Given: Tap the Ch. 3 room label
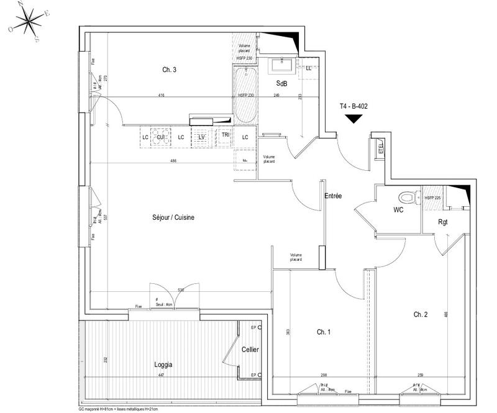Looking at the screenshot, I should pyautogui.click(x=170, y=70).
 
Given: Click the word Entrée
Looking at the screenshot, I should pyautogui.click(x=334, y=196).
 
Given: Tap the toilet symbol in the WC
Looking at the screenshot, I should pyautogui.click(x=406, y=197).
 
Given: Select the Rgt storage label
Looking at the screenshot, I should pyautogui.click(x=444, y=221).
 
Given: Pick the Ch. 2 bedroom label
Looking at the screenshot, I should pyautogui.click(x=421, y=314).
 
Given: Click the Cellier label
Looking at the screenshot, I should pyautogui.click(x=250, y=350).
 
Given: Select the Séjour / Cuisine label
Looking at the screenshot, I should pyautogui.click(x=173, y=217).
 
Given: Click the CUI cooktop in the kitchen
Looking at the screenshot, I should pyautogui.click(x=160, y=137).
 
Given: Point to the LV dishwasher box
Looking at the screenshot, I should pyautogui.click(x=201, y=137).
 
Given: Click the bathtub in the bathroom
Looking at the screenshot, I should pyautogui.click(x=244, y=96).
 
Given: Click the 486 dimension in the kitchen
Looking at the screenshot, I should pyautogui.click(x=174, y=161).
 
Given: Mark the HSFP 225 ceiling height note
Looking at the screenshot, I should pyautogui.click(x=433, y=197).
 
